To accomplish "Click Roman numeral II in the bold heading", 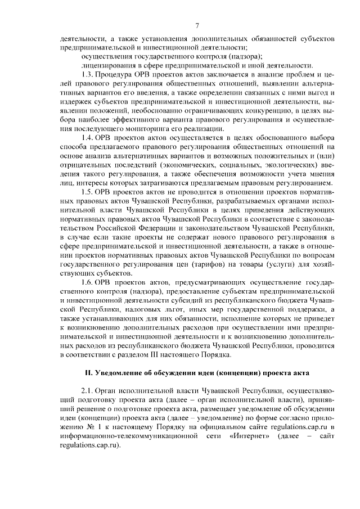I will (88, 373).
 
